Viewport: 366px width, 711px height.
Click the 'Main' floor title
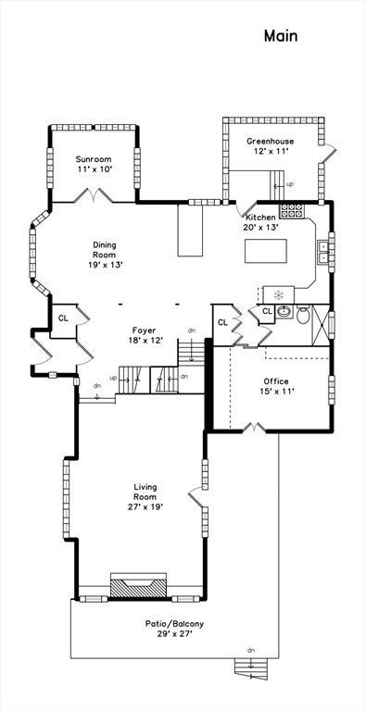click(281, 36)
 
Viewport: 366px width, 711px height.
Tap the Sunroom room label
click(94, 159)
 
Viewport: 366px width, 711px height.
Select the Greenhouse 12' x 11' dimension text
click(271, 152)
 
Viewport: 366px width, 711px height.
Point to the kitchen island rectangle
click(266, 251)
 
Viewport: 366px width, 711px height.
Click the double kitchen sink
click(323, 252)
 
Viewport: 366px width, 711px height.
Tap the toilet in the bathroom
click(303, 316)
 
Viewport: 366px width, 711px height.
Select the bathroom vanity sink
click(284, 311)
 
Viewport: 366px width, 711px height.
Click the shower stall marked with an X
click(321, 325)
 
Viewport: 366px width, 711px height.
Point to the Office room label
click(276, 381)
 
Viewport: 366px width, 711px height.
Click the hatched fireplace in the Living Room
click(138, 586)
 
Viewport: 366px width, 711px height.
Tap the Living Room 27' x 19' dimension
click(145, 507)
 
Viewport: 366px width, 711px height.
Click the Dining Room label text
click(106, 250)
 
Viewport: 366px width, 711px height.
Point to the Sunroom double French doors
click(94, 196)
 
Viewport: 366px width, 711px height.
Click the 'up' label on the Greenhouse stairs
click(288, 184)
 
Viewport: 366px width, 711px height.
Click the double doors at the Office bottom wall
click(254, 428)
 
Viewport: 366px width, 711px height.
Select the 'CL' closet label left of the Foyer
click(63, 318)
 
